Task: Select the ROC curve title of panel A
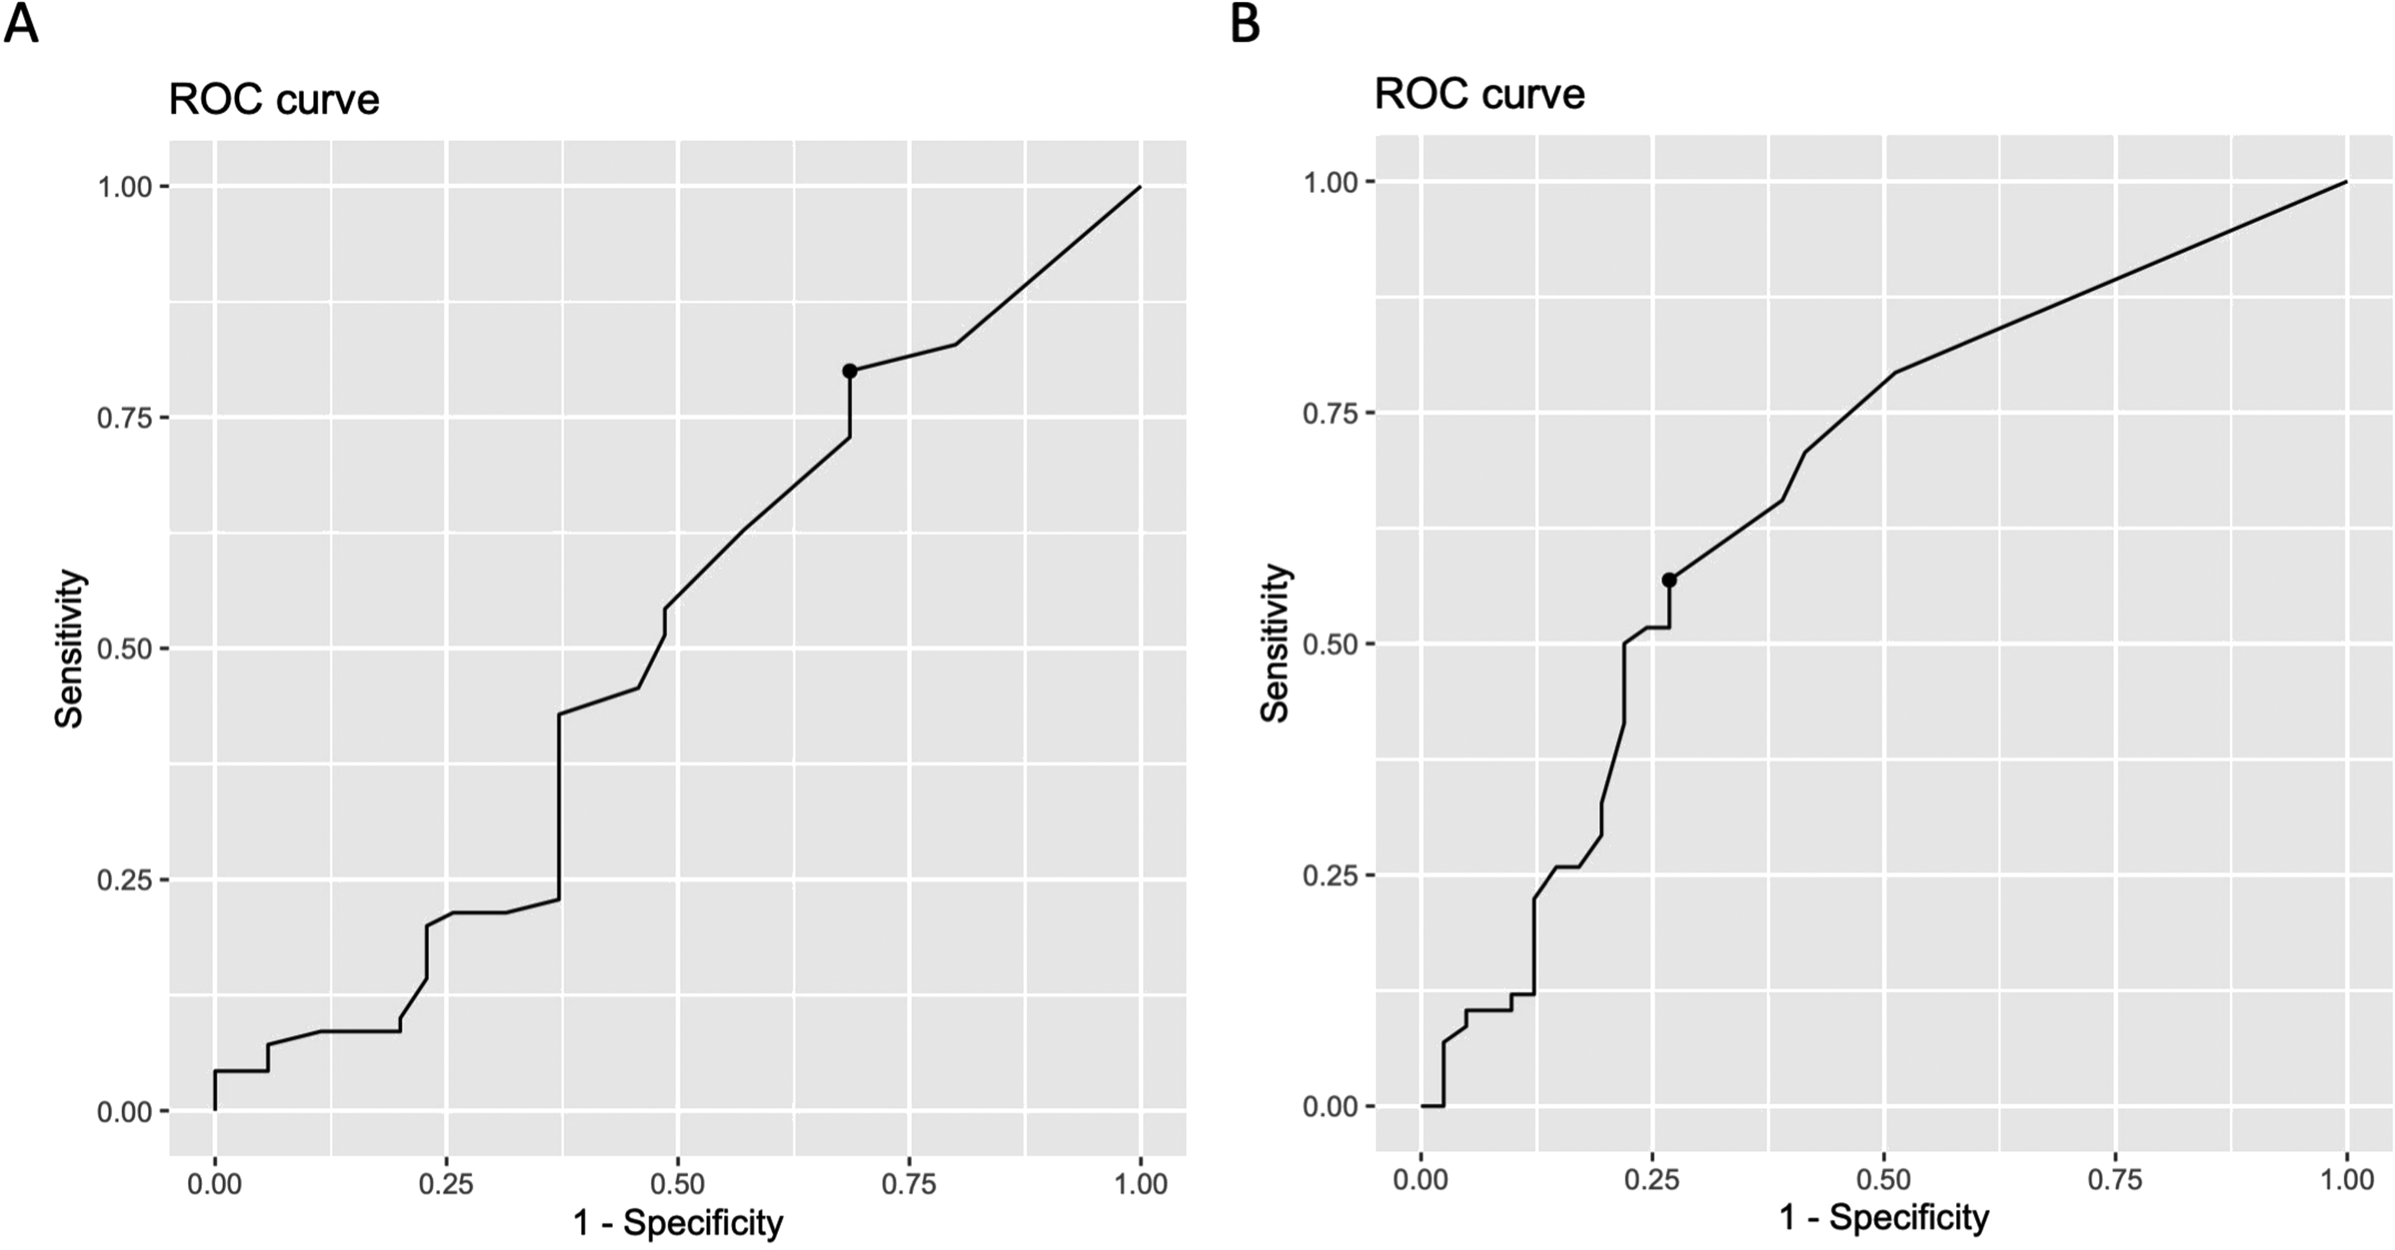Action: [274, 99]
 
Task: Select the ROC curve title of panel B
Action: [1479, 94]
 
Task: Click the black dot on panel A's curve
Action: [849, 371]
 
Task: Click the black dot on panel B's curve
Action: [1669, 580]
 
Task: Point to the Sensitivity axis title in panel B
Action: [1276, 643]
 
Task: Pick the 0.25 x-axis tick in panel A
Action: [446, 1183]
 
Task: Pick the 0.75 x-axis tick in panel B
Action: [2115, 1179]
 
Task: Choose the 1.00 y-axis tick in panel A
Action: [124, 187]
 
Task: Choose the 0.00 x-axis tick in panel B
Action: [1421, 1179]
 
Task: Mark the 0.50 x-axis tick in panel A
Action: [678, 1183]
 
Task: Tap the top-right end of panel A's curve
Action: [1140, 187]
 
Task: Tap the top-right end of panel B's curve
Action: [2346, 182]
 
